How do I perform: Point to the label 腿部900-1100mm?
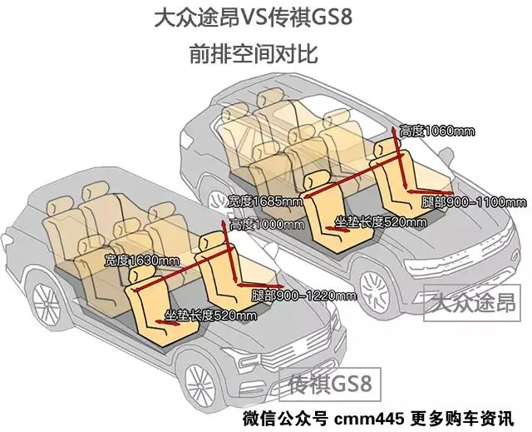click(x=473, y=203)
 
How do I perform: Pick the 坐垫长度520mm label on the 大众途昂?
click(x=380, y=223)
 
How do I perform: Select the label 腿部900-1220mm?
click(x=303, y=296)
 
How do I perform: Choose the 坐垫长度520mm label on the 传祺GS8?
click(x=209, y=315)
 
